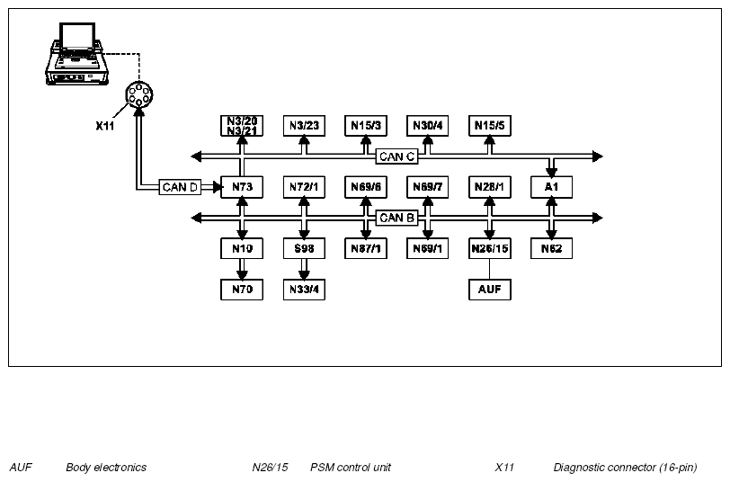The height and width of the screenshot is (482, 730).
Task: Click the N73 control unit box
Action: tap(242, 187)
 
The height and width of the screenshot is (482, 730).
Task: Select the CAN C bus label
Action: tap(396, 156)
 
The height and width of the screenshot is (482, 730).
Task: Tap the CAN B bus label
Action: tap(396, 218)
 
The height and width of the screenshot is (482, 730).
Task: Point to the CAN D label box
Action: tap(180, 187)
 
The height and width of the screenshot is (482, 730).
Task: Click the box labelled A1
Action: tap(551, 187)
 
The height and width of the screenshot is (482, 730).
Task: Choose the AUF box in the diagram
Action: tap(489, 290)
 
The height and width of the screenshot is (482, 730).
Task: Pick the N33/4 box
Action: tap(304, 290)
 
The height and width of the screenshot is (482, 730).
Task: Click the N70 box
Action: tap(242, 290)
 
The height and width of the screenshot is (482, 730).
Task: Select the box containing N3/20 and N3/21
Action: tap(242, 126)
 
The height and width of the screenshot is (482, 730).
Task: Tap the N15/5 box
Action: tap(489, 126)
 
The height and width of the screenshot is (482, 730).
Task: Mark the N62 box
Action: tap(551, 248)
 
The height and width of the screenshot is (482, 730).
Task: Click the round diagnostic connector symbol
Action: tap(139, 94)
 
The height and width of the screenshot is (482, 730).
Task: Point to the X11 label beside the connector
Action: tap(105, 126)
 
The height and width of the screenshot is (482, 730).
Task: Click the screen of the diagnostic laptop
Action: tap(77, 36)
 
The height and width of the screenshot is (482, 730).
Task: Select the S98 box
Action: tap(304, 248)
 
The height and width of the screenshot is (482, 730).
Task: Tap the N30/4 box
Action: tap(427, 126)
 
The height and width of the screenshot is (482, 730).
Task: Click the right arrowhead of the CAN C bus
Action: tap(598, 156)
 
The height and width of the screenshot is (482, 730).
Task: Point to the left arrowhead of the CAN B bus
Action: tap(197, 218)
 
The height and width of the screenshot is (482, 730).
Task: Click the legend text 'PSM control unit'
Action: tap(351, 467)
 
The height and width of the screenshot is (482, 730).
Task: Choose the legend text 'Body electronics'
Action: tap(106, 467)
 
